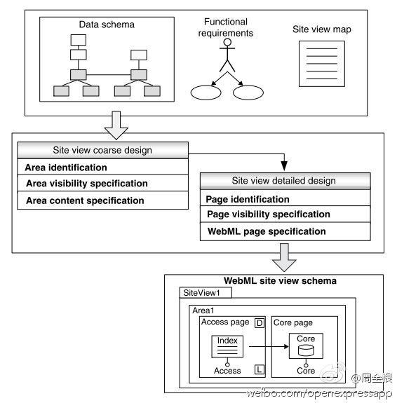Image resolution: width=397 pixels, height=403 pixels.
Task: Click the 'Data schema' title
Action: (x=107, y=25)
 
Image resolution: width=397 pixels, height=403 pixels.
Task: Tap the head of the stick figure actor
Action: (x=227, y=42)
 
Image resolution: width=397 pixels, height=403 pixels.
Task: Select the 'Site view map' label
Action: (x=322, y=29)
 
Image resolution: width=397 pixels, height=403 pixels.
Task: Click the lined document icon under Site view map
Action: (x=322, y=64)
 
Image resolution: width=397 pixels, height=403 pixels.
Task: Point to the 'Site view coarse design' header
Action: (x=102, y=151)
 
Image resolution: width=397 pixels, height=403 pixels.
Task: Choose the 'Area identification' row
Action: (x=102, y=167)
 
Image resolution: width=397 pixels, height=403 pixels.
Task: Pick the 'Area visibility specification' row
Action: (x=102, y=183)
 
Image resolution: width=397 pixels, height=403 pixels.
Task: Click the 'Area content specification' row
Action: (x=102, y=200)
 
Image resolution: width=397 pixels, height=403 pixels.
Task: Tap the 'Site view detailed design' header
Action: (x=285, y=181)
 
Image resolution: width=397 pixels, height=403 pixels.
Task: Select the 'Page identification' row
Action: (x=285, y=198)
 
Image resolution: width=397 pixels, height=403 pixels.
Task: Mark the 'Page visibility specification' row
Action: (x=285, y=214)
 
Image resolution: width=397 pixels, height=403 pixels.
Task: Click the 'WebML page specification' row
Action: (x=285, y=231)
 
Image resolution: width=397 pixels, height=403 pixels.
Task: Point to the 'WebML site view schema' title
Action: (x=280, y=280)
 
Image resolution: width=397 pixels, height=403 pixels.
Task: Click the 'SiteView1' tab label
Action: (x=201, y=293)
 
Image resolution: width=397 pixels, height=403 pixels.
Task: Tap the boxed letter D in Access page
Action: (x=260, y=323)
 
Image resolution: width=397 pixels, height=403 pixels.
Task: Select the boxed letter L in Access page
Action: (x=260, y=369)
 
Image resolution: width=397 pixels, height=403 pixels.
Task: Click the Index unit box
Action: (x=227, y=346)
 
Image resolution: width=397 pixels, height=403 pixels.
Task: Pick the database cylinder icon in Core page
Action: (x=306, y=350)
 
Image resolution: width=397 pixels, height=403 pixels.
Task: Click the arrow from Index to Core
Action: (x=269, y=346)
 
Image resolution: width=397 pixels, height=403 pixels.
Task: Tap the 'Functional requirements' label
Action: (x=226, y=27)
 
